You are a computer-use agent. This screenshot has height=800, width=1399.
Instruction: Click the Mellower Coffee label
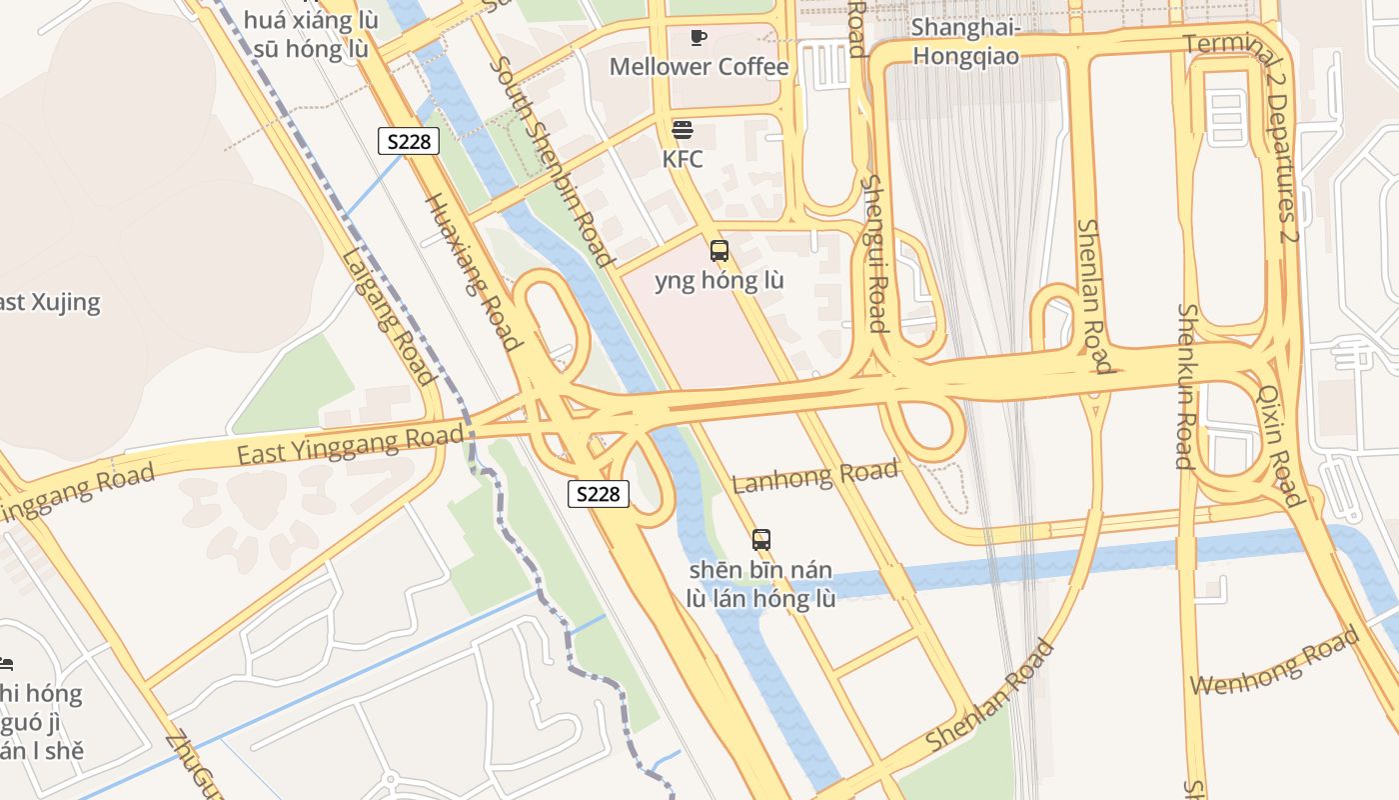(699, 67)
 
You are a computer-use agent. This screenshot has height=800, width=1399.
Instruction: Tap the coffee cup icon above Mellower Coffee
(699, 38)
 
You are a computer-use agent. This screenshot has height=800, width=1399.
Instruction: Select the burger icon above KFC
(683, 130)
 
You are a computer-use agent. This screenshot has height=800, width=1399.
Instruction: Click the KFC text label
(683, 159)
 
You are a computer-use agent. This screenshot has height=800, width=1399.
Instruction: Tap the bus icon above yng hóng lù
(719, 251)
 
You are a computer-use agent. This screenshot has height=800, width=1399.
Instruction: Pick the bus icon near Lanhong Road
(761, 540)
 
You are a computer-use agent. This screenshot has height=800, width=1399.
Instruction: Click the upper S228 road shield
(410, 141)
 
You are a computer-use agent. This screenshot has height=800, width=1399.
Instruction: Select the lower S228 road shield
(599, 493)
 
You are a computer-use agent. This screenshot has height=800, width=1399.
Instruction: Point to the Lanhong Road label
(815, 477)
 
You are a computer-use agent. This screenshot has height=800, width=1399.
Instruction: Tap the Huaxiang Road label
(475, 271)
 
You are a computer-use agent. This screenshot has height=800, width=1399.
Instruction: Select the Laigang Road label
(389, 315)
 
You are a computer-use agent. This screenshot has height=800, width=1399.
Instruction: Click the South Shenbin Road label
(551, 161)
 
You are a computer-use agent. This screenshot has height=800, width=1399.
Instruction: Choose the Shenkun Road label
(1185, 386)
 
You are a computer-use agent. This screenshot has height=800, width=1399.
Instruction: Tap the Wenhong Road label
(1275, 662)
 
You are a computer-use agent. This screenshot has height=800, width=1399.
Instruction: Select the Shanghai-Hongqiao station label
(965, 41)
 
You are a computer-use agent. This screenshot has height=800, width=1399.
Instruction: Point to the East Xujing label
(50, 302)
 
